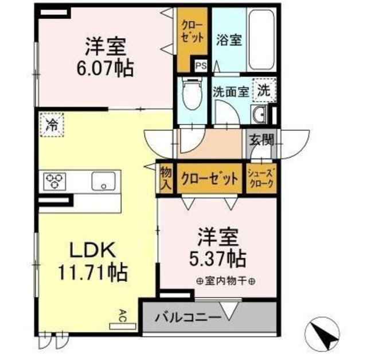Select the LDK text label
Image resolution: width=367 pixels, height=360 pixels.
(93, 250)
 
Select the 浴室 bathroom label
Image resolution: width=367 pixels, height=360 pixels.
(229, 40)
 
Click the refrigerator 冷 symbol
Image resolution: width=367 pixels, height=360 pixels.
(52, 125)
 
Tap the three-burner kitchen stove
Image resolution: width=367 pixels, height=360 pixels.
(53, 181)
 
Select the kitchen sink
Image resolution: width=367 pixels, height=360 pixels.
(104, 181)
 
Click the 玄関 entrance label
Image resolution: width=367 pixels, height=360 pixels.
(261, 140)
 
